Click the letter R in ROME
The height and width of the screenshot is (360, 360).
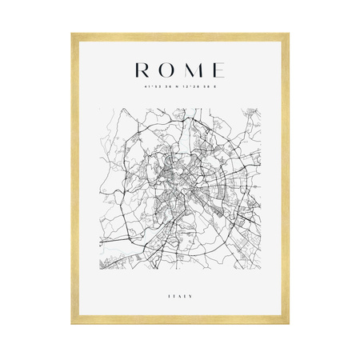(x=142, y=70)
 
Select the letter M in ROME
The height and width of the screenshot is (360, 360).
(x=193, y=70)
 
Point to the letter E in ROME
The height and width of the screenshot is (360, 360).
(x=217, y=70)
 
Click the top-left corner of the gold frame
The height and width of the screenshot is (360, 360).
(x=73, y=34)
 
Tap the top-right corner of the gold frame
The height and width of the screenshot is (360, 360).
(x=287, y=34)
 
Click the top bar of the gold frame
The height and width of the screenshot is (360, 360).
(x=180, y=35)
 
